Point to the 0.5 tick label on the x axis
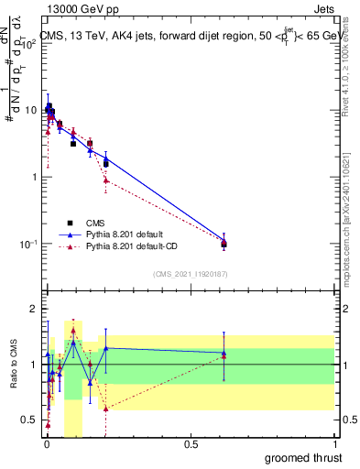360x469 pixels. (190, 443)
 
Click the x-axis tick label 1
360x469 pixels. (333, 443)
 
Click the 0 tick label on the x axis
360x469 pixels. (46, 443)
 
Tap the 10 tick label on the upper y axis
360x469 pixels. (30, 110)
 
